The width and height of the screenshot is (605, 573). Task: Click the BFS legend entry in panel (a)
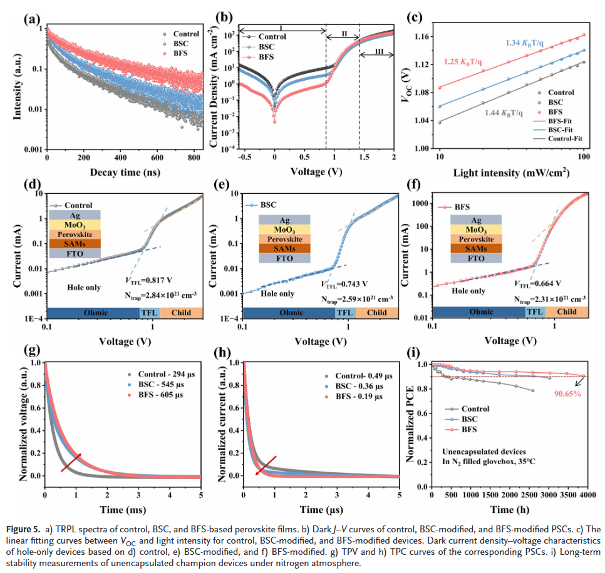click(x=185, y=54)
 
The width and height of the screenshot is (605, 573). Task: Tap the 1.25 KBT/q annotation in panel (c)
click(x=467, y=62)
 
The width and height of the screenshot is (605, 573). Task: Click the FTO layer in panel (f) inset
click(x=477, y=258)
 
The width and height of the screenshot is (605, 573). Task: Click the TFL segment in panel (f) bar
click(x=535, y=312)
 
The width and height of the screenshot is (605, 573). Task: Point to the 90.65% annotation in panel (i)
click(x=568, y=394)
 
